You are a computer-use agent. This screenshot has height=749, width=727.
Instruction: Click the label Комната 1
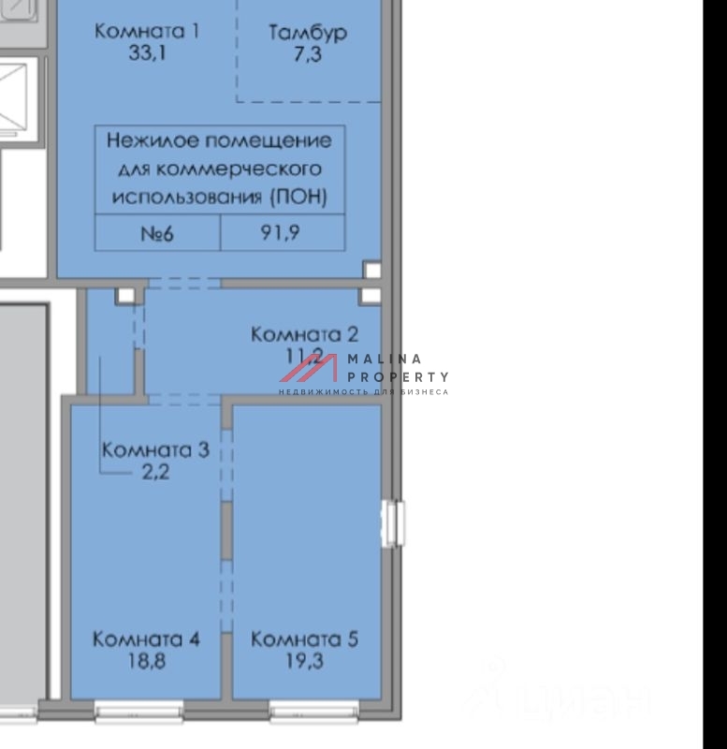click(148, 31)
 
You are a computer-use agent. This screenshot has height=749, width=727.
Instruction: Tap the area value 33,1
click(148, 52)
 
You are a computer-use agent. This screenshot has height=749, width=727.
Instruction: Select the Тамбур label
click(308, 33)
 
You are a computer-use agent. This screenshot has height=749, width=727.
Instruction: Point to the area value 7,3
click(308, 54)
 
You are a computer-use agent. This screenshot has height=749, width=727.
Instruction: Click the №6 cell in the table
click(157, 233)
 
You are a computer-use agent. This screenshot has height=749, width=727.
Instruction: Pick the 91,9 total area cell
click(280, 233)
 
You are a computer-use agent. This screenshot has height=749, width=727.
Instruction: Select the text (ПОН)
click(298, 198)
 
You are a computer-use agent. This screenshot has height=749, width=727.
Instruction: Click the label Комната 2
click(304, 334)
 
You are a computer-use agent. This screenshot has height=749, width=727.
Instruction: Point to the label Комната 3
click(154, 450)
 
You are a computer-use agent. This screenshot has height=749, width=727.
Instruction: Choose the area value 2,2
click(154, 472)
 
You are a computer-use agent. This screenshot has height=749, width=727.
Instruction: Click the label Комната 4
click(146, 639)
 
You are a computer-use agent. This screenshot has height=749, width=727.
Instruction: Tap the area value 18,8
click(146, 661)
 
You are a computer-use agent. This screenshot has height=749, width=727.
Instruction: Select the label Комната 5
click(304, 639)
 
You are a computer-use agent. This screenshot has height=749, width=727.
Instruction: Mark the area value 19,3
click(304, 661)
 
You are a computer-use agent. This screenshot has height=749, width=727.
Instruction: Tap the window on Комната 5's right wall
click(394, 521)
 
